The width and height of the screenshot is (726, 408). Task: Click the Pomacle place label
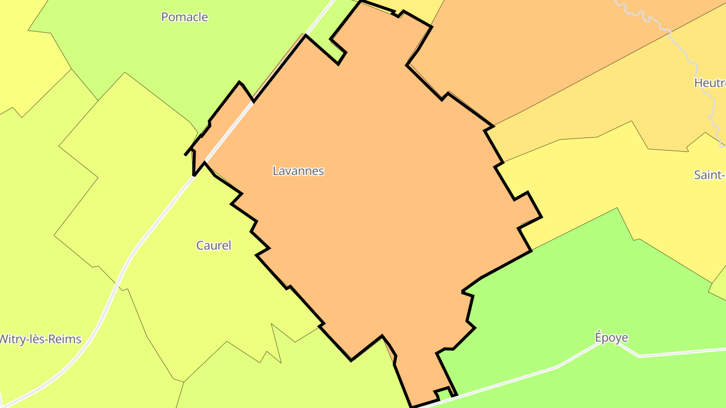click(x=185, y=17)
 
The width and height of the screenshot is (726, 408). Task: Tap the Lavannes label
click(x=298, y=171)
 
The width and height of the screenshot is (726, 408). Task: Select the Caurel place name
click(x=214, y=246)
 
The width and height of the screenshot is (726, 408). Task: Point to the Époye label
click(x=611, y=337)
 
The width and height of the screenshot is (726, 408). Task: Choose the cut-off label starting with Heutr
click(x=710, y=83)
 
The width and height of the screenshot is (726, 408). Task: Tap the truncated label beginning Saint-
click(x=710, y=175)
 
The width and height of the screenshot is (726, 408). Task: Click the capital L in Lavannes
click(x=275, y=171)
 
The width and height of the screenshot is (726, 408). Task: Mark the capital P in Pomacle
click(x=164, y=17)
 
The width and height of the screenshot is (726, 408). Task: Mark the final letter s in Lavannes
click(x=321, y=171)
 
